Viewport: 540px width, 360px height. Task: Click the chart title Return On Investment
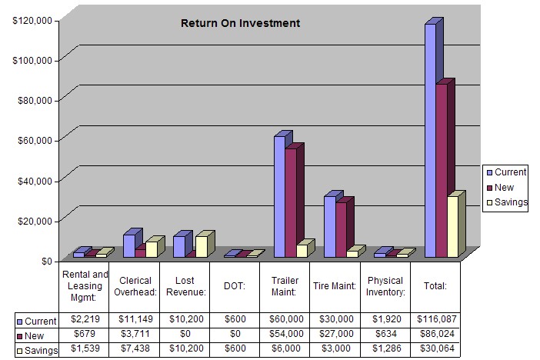tap(240, 23)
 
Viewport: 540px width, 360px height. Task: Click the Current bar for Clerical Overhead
tap(128, 245)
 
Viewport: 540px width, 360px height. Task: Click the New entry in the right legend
tap(504, 188)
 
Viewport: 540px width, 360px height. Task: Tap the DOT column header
tap(235, 285)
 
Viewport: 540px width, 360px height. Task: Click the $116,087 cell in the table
tap(435, 319)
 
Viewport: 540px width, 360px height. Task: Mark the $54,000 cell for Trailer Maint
tap(285, 334)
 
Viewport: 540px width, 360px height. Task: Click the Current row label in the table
tap(37, 320)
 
